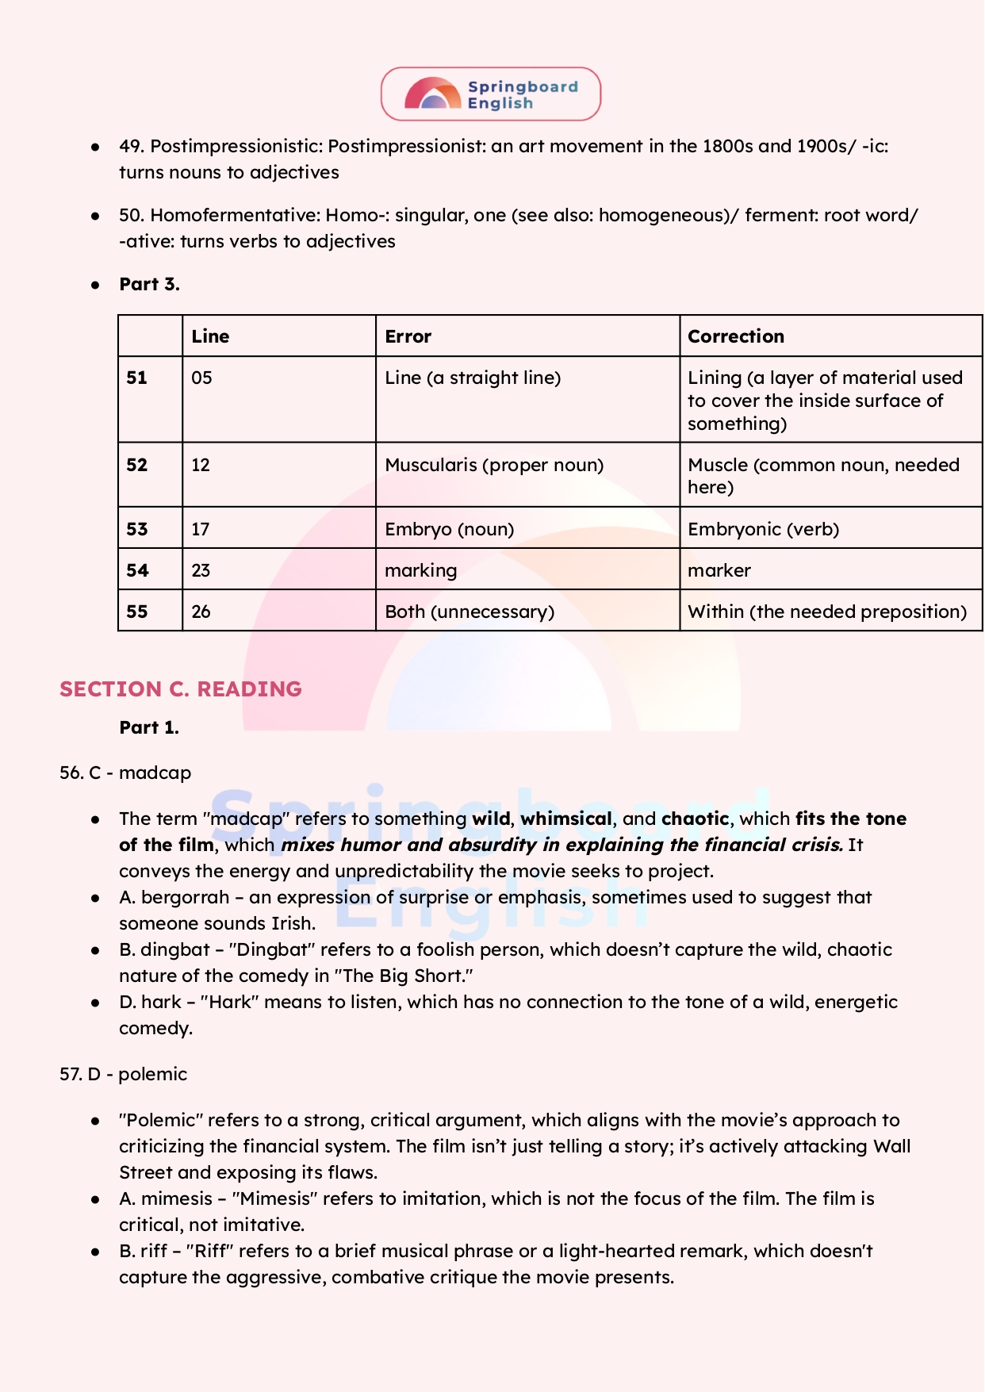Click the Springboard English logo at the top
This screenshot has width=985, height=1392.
(491, 94)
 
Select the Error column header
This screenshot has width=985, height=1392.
(408, 336)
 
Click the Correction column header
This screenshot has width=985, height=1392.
(735, 336)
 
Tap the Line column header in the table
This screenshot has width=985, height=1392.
(210, 336)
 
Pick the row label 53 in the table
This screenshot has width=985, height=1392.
(137, 529)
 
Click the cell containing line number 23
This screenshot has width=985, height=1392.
(201, 570)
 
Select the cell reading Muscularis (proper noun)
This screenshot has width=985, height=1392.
(494, 465)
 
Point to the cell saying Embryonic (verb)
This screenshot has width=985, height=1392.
(763, 529)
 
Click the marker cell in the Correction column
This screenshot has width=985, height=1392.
(719, 570)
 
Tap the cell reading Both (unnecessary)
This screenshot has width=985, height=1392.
(470, 612)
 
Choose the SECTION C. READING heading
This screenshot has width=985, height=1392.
(181, 688)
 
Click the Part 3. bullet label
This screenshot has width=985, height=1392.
(149, 284)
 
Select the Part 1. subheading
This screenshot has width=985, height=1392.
(149, 727)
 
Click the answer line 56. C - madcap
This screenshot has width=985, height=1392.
(125, 773)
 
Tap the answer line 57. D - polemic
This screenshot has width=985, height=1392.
(123, 1074)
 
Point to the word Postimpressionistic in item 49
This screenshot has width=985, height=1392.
(235, 146)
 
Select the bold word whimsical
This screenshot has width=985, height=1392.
(566, 819)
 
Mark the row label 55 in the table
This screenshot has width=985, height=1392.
(137, 612)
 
